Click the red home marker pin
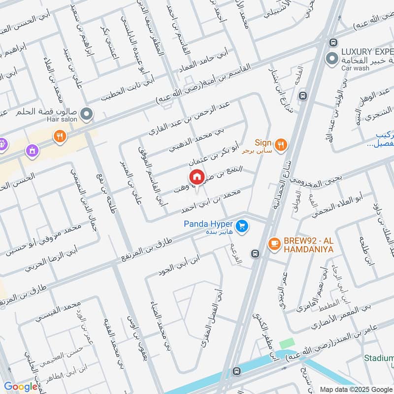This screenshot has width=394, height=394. click(x=197, y=176)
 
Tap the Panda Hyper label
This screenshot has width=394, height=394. click(x=208, y=224)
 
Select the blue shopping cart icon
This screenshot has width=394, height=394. click(x=241, y=226)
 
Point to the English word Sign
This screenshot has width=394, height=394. click(x=263, y=141)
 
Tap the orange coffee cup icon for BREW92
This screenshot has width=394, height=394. click(x=273, y=243)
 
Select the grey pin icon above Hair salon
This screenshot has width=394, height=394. click(x=87, y=115)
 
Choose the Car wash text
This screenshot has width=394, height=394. click(x=355, y=68)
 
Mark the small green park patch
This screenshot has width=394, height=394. click(x=287, y=344)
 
